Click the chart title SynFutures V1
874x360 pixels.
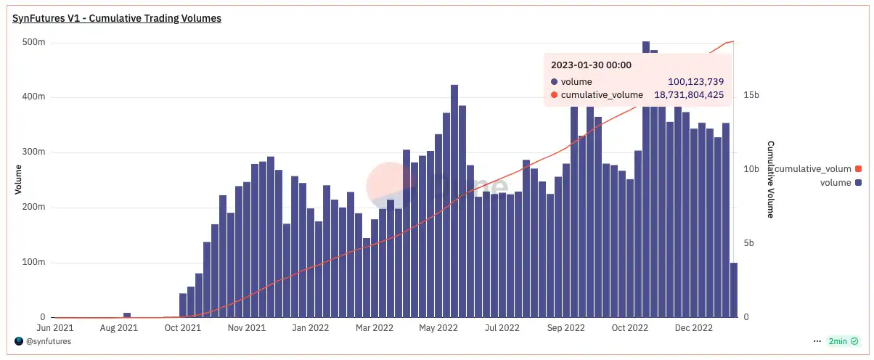coord(117,18)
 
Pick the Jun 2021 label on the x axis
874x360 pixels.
coord(54,328)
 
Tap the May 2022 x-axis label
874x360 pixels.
coord(438,328)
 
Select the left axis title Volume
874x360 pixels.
coord(19,179)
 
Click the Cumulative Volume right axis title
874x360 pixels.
coord(770,179)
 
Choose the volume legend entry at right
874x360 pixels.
coord(835,183)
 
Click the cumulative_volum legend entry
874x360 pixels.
coord(813,169)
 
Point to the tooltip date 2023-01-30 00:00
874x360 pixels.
coord(591,65)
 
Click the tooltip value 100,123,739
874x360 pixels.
coord(695,81)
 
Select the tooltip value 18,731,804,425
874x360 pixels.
coord(684,94)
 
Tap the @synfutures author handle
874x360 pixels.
coord(48,341)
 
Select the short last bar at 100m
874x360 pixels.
coord(733,290)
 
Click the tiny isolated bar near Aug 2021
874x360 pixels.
coord(127,315)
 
